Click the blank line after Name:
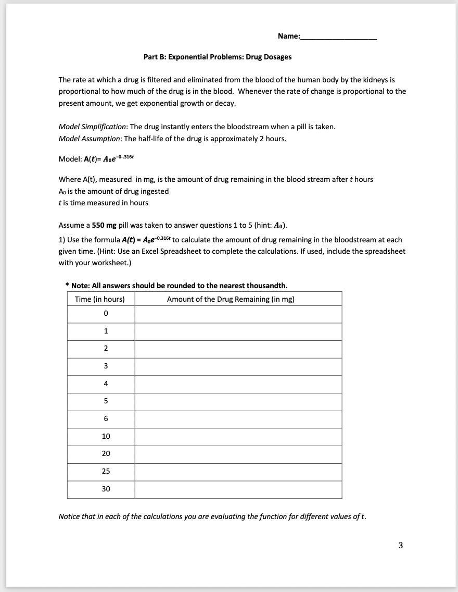point(338,37)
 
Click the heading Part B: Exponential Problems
point(218,57)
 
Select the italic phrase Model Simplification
point(92,127)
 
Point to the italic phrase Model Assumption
point(90,139)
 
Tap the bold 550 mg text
point(104,225)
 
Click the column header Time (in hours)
point(100,299)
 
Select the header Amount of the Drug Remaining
point(231,299)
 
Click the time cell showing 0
point(106,314)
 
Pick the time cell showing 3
point(106,366)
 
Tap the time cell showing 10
point(106,436)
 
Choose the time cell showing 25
point(106,471)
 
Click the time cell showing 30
point(106,489)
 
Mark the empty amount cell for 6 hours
point(238,419)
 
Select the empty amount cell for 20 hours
point(238,454)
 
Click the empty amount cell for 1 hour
point(238,331)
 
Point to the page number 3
point(400,546)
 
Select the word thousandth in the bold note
point(269,286)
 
